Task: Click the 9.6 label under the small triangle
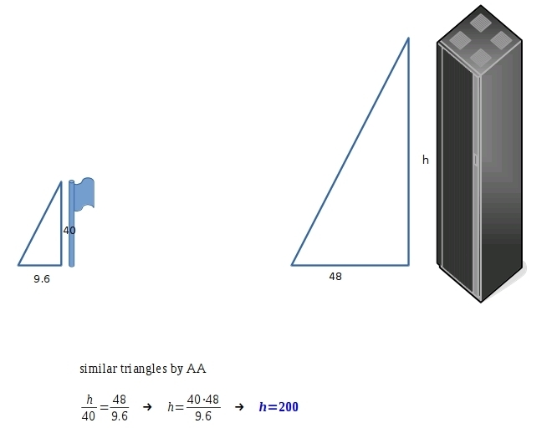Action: (42, 279)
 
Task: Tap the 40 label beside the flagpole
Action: (69, 231)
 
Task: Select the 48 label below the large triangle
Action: (335, 277)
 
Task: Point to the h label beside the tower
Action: (426, 160)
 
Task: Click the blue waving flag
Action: (84, 194)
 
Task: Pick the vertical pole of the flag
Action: (71, 223)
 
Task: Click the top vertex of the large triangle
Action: (408, 38)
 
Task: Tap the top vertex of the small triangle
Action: (61, 182)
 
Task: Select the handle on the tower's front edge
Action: (475, 160)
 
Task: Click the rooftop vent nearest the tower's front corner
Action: (481, 57)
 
